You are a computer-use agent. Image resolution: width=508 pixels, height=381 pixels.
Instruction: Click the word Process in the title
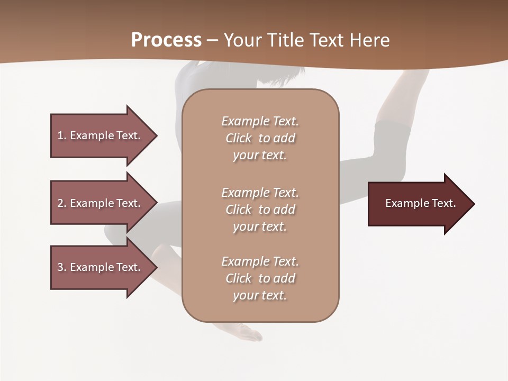(x=166, y=40)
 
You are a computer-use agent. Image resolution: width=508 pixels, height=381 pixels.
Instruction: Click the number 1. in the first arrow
(x=62, y=135)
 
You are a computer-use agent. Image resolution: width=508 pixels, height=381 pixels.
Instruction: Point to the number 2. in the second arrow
(x=62, y=203)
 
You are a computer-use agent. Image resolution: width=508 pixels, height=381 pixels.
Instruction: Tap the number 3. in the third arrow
(x=62, y=267)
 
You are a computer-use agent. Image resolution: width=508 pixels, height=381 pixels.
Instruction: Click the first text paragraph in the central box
(x=260, y=138)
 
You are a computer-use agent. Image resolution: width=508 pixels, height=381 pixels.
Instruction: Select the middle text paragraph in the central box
(x=260, y=210)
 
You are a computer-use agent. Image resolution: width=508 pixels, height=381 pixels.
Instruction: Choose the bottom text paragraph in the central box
(x=260, y=278)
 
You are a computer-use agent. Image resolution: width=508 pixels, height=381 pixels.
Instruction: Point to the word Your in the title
(x=241, y=40)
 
